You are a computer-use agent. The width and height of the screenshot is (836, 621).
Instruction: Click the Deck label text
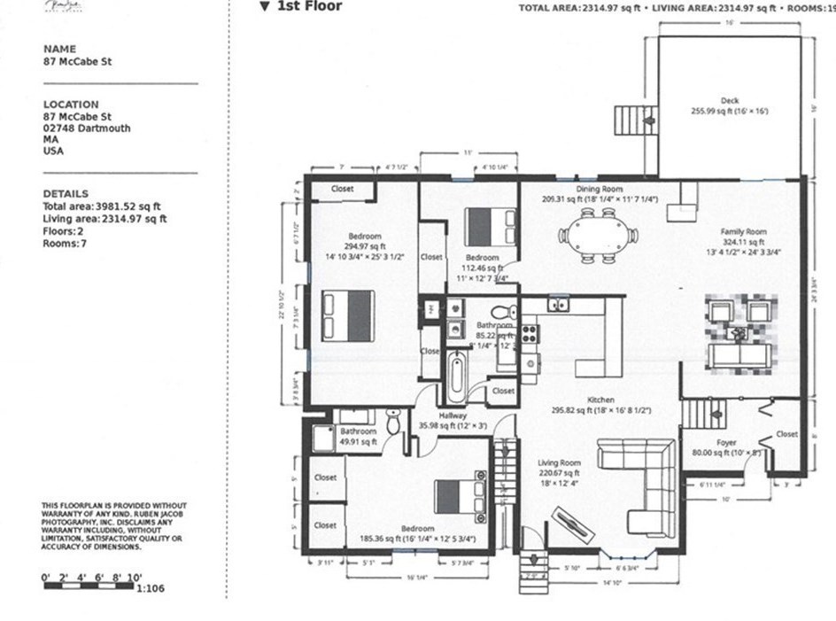pyautogui.click(x=729, y=101)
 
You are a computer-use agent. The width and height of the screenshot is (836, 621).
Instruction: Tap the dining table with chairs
pyautogui.click(x=598, y=236)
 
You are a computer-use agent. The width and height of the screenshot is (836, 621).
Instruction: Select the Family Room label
pyautogui.click(x=742, y=231)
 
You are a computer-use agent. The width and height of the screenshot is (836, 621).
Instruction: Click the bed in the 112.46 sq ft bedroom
pyautogui.click(x=490, y=225)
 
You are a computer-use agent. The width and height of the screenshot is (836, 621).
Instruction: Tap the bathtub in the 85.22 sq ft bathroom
pyautogui.click(x=455, y=376)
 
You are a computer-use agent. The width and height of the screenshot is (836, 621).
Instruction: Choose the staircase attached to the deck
pyautogui.click(x=636, y=119)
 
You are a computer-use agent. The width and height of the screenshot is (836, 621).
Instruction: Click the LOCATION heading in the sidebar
pyautogui.click(x=71, y=104)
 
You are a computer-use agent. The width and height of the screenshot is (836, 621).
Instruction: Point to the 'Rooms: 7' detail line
pyautogui.click(x=66, y=244)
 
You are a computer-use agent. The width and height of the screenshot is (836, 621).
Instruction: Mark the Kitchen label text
pyautogui.click(x=600, y=400)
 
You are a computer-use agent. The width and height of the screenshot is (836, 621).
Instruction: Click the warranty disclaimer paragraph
pyautogui.click(x=113, y=526)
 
